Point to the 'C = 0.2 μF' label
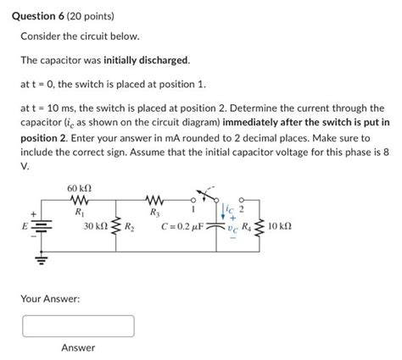click(x=184, y=227)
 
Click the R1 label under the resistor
click(x=79, y=213)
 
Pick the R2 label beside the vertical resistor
click(x=130, y=227)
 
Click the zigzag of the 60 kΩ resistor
click(x=78, y=201)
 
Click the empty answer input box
click(x=78, y=325)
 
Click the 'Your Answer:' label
click(x=50, y=298)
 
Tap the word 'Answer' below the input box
click(x=78, y=347)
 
